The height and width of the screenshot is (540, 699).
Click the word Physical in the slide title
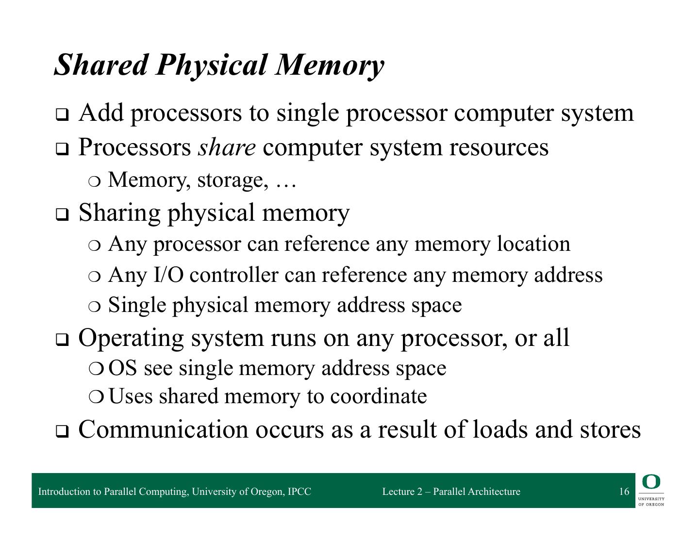pyautogui.click(x=211, y=65)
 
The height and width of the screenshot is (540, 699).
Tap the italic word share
pyautogui.click(x=226, y=147)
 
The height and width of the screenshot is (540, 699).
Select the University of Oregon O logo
pyautogui.click(x=651, y=482)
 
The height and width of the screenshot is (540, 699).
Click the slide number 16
pyautogui.click(x=624, y=491)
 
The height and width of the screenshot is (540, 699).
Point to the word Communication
pyautogui.click(x=163, y=429)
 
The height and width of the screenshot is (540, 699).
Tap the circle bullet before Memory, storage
pyautogui.click(x=95, y=181)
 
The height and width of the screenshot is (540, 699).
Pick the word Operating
pyautogui.click(x=131, y=338)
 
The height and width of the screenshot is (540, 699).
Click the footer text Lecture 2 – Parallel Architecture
pyautogui.click(x=451, y=491)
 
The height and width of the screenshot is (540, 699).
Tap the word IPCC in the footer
pyautogui.click(x=299, y=491)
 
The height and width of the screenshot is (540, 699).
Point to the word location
pyautogui.click(x=533, y=244)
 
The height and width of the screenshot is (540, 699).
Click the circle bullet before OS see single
pyautogui.click(x=96, y=369)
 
